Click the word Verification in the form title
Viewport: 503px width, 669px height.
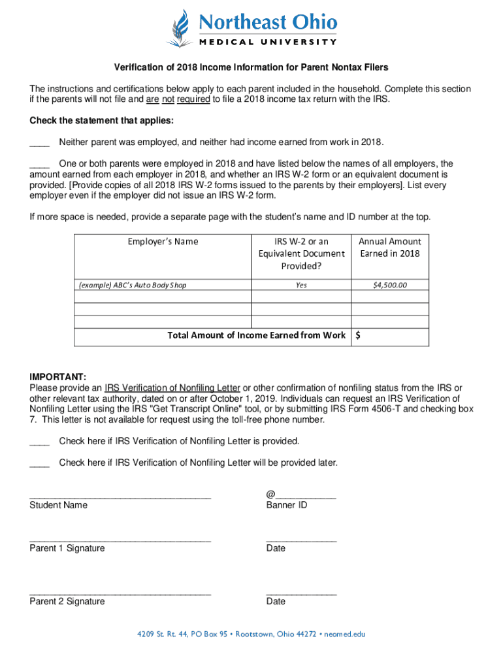point(138,68)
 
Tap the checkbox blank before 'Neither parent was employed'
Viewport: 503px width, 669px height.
point(40,143)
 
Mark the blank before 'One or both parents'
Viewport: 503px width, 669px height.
point(40,164)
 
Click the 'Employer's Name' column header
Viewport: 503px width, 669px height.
point(163,242)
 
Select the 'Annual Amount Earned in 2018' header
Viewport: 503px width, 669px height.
point(390,248)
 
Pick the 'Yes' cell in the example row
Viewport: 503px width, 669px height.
point(301,286)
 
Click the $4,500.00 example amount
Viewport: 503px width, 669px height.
point(390,286)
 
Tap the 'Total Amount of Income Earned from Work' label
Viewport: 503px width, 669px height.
point(256,335)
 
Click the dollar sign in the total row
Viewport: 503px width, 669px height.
point(358,335)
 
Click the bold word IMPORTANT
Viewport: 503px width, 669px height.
point(57,378)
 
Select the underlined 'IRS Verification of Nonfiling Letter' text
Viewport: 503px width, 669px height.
point(172,388)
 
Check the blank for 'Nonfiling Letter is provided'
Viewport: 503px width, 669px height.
point(40,442)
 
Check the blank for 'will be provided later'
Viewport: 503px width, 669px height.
point(40,463)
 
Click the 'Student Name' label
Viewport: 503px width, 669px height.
point(58,505)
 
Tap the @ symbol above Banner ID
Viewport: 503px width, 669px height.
point(270,495)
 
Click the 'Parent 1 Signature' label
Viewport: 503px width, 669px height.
point(67,548)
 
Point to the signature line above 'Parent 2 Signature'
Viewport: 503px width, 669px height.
point(120,594)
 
